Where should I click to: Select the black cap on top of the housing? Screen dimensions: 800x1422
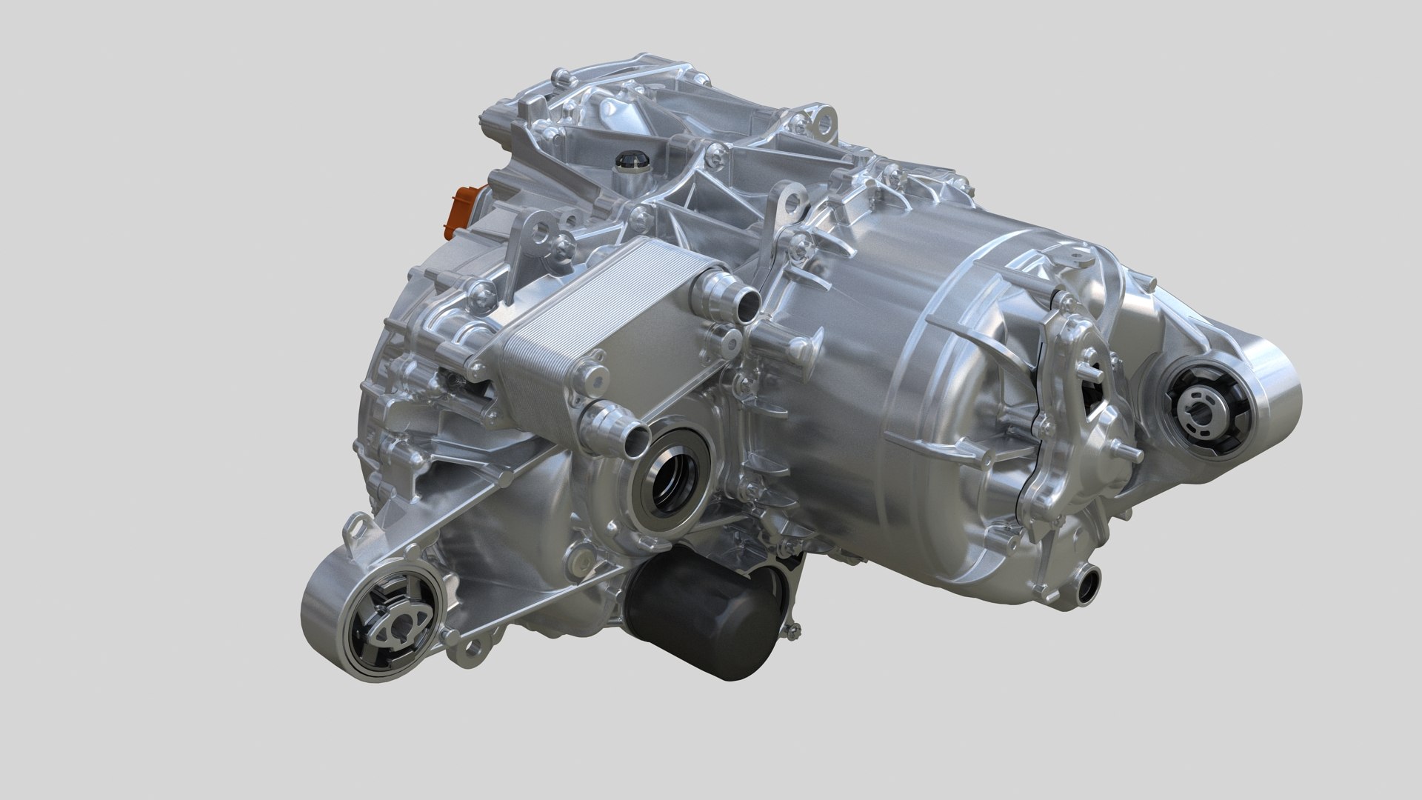pos(630,159)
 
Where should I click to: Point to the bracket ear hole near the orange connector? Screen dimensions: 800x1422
pos(543,232)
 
